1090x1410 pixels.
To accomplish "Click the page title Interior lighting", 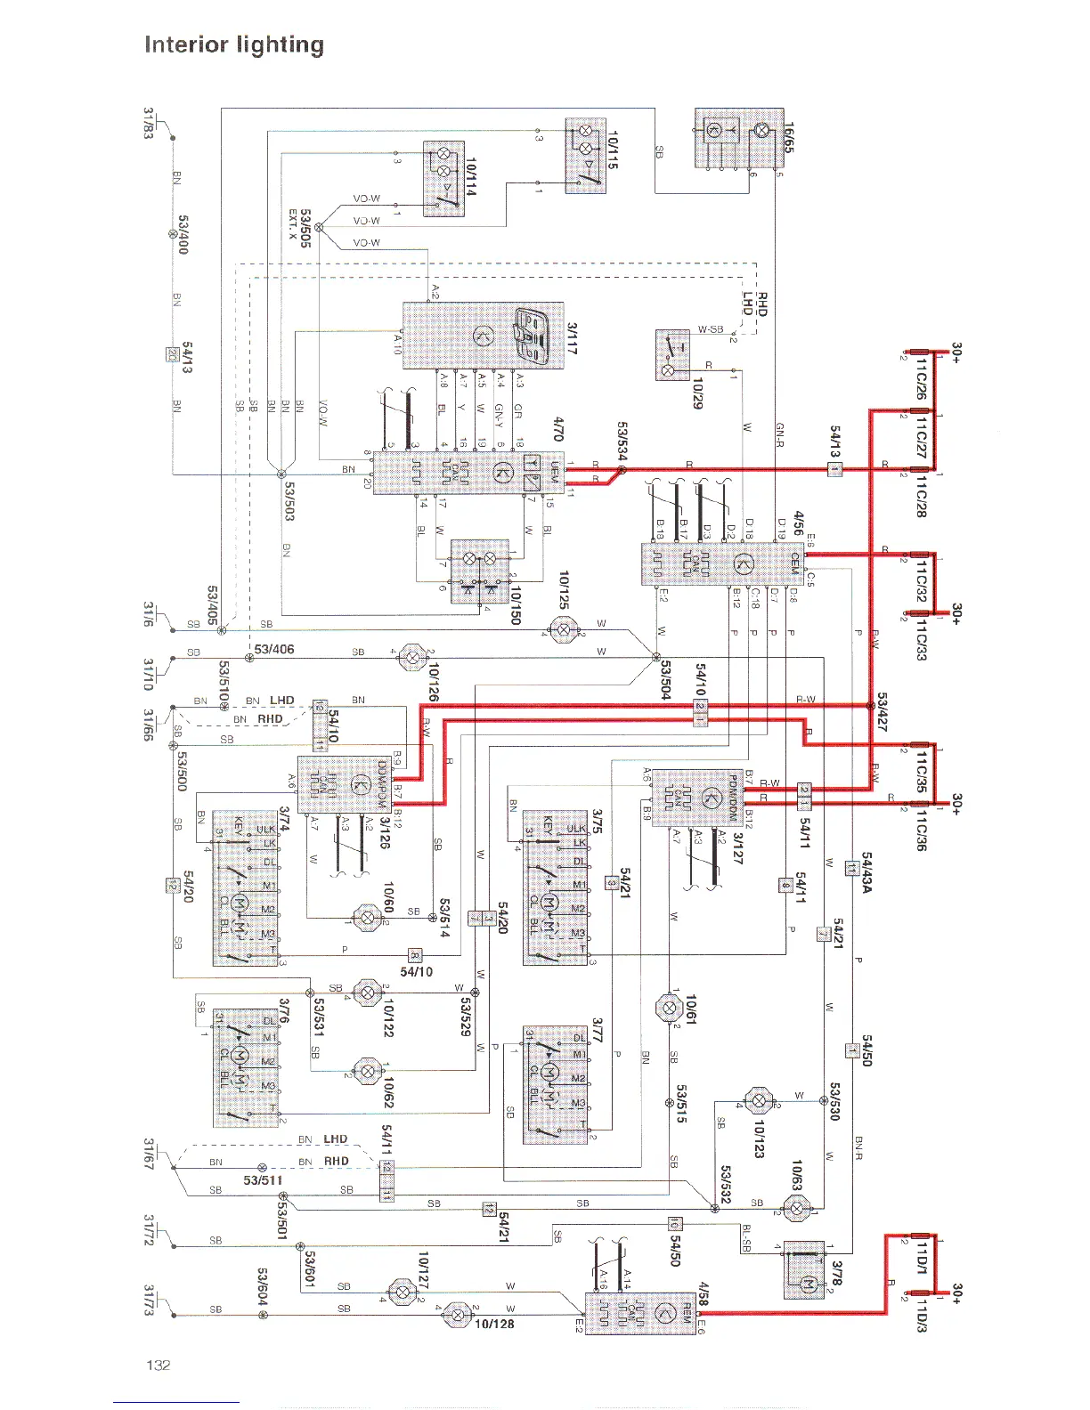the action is [234, 45].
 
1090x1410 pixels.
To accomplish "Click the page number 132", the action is [158, 1365].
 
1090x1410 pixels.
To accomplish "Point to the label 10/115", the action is [613, 149].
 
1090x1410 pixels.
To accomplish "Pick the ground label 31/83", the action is [150, 123].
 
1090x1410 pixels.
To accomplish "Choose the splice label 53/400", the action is [183, 234].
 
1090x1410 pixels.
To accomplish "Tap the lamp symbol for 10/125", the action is [563, 630].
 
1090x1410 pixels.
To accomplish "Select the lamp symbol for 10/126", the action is [411, 658].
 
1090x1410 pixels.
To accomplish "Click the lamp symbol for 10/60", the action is [367, 918].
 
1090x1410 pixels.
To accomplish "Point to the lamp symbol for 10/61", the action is [668, 1008].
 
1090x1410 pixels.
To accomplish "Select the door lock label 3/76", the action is [284, 1011].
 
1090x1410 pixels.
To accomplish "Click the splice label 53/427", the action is [883, 712].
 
